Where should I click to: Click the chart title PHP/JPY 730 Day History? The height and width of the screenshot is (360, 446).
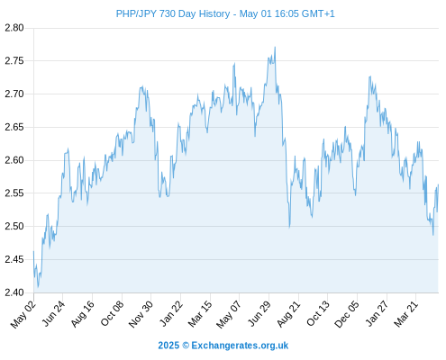pyautogui.click(x=173, y=13)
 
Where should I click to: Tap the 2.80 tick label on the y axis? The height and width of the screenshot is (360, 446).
pyautogui.click(x=14, y=28)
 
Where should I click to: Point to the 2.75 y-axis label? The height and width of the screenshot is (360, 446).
pyautogui.click(x=14, y=61)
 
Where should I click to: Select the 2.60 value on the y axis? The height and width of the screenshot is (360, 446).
pyautogui.click(x=14, y=160)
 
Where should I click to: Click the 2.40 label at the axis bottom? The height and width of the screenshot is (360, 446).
pyautogui.click(x=14, y=292)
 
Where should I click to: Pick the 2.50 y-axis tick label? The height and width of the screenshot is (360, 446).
pyautogui.click(x=14, y=226)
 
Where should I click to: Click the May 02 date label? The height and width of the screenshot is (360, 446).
pyautogui.click(x=23, y=314)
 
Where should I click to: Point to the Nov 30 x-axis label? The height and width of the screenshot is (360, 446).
pyautogui.click(x=141, y=314)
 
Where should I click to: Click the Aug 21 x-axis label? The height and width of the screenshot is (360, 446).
pyautogui.click(x=288, y=314)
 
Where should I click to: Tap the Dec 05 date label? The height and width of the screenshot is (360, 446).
pyautogui.click(x=347, y=314)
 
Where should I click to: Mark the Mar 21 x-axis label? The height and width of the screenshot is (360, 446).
pyautogui.click(x=405, y=314)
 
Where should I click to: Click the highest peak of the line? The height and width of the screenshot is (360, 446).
pyautogui.click(x=275, y=47)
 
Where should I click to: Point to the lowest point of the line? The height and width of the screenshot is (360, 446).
pyautogui.click(x=38, y=287)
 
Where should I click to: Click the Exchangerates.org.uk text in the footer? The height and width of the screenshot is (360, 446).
pyautogui.click(x=240, y=346)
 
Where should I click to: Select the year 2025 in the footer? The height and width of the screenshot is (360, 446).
pyautogui.click(x=168, y=346)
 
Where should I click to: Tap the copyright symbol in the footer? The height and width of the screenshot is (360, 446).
pyautogui.click(x=186, y=346)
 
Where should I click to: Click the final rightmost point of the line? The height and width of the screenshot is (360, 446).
pyautogui.click(x=438, y=184)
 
